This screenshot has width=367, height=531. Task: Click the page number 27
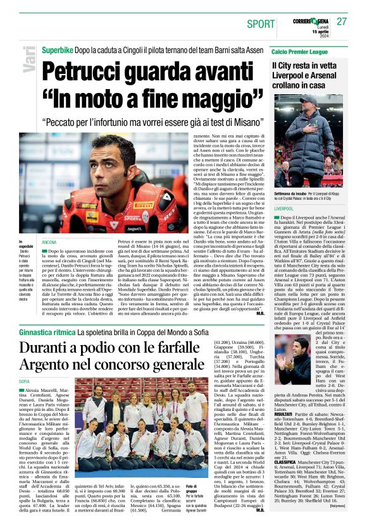[342, 21]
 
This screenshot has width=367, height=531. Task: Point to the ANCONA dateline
[49, 242]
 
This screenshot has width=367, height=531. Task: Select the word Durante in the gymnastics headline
[50, 348]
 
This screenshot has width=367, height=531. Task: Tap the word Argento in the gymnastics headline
[47, 365]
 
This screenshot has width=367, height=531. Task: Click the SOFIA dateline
[24, 382]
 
